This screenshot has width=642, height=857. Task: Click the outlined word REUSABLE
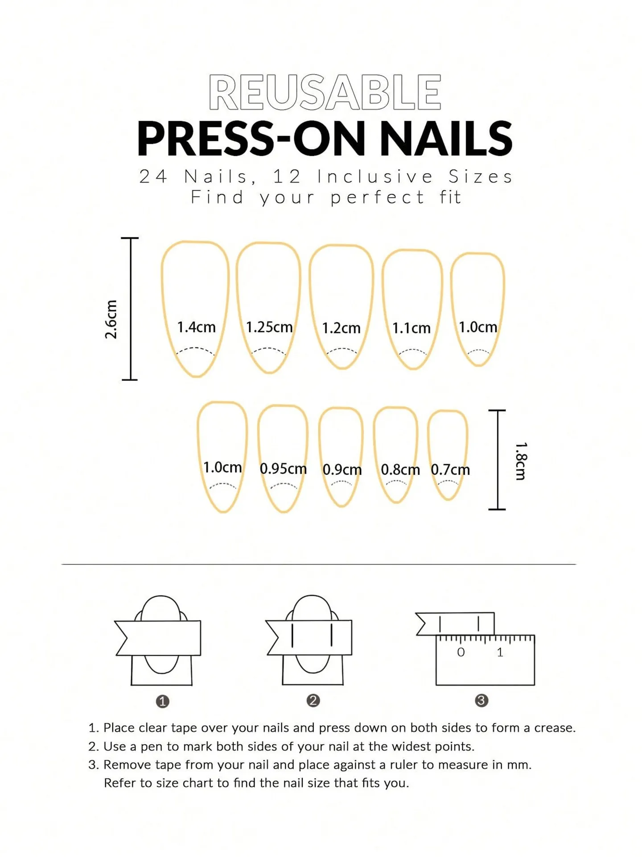click(325, 92)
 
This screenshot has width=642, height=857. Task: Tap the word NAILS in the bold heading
click(445, 139)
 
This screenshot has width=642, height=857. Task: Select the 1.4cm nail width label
click(196, 327)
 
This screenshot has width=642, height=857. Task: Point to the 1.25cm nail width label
click(269, 327)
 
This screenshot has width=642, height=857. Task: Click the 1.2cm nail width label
click(341, 329)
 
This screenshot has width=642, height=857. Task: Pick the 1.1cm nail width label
click(412, 329)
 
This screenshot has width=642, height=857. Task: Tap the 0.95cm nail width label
click(283, 469)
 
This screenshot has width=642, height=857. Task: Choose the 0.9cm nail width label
click(342, 470)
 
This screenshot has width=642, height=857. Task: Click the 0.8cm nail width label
click(400, 470)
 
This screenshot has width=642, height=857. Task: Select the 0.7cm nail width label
click(450, 470)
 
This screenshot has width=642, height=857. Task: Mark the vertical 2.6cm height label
click(111, 319)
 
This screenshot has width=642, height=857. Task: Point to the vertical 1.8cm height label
click(521, 461)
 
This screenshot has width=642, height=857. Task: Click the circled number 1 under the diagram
click(162, 702)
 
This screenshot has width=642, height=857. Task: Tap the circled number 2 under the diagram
click(313, 700)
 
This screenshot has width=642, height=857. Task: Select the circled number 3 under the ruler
click(481, 700)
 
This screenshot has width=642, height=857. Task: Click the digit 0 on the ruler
click(461, 653)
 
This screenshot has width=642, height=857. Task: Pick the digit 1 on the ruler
click(500, 653)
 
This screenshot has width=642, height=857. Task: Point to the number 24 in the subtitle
click(153, 177)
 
